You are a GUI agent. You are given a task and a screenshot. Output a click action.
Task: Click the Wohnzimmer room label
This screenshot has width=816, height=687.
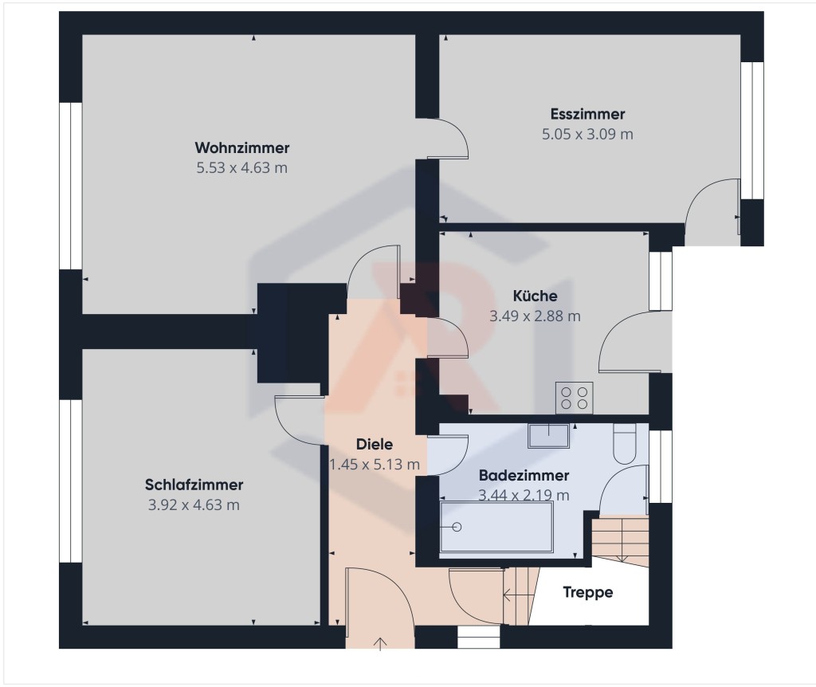tap(242, 147)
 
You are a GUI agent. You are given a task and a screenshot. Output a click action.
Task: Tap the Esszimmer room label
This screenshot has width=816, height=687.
tap(587, 114)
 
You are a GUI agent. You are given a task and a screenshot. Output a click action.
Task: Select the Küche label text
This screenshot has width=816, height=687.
tap(535, 296)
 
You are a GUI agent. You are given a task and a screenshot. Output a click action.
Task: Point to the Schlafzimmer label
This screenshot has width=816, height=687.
tap(194, 485)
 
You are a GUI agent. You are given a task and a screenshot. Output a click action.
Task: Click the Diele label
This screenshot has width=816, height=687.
tap(375, 445)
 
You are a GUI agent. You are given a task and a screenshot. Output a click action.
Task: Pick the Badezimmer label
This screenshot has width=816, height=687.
tap(524, 476)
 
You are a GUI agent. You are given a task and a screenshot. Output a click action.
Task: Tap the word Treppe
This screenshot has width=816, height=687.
tap(587, 592)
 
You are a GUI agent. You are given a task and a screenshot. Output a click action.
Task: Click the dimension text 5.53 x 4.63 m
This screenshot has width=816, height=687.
tap(242, 168)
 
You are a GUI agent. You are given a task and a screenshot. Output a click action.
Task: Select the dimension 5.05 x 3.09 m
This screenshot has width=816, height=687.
tap(587, 134)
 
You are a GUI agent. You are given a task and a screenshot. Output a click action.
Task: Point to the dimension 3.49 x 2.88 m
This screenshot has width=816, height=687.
tap(535, 316)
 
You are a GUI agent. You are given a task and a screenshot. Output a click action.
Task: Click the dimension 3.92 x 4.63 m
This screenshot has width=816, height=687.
tap(194, 504)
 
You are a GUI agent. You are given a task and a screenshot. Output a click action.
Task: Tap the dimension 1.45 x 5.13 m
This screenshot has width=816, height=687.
tap(375, 465)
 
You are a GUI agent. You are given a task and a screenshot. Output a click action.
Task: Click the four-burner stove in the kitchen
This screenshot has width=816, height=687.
tap(575, 398)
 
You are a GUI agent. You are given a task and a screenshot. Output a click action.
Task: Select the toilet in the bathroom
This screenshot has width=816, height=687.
tap(625, 443)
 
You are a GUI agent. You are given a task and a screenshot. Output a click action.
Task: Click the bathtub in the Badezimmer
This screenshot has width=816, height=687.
tap(496, 527)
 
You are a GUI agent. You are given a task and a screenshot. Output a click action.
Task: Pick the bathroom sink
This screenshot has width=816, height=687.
tap(548, 436)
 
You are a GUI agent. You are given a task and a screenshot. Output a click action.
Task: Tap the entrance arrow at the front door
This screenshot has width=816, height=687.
tap(380, 644)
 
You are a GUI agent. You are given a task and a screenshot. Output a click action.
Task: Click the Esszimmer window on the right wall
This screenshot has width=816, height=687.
tap(752, 131)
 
